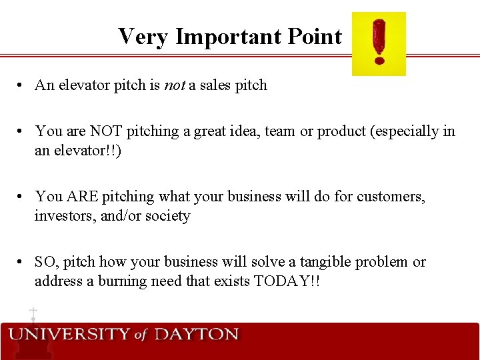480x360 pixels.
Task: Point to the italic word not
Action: tap(173, 85)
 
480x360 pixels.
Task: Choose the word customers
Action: tap(391, 197)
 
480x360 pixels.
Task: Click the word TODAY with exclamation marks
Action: tap(287, 281)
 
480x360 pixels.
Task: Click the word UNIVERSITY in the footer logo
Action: tap(69, 335)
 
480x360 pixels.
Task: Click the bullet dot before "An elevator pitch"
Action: tap(22, 86)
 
